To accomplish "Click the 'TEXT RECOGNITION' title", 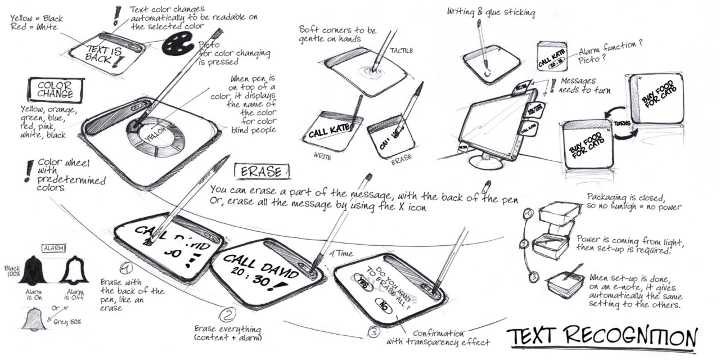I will click(x=602, y=337).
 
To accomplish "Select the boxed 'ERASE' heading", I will click(x=263, y=171).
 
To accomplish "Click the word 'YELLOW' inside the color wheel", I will click(x=156, y=134).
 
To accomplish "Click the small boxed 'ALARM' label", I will click(x=54, y=247).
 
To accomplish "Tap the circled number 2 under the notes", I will click(x=226, y=314).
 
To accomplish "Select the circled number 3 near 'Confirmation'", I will click(x=374, y=332).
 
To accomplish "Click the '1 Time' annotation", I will click(x=341, y=254).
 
